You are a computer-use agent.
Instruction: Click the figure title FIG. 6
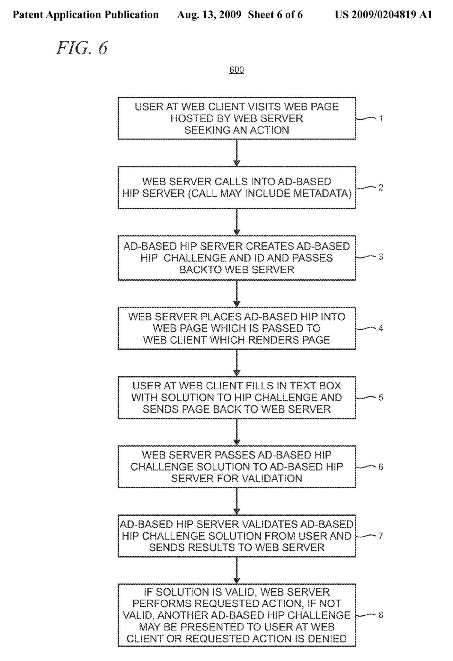click(82, 48)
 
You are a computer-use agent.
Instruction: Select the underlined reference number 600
click(236, 70)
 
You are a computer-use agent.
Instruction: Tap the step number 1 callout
click(381, 118)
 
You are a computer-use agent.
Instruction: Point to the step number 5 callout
click(381, 397)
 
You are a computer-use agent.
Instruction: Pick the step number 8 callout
click(381, 615)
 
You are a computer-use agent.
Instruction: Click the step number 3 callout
click(381, 257)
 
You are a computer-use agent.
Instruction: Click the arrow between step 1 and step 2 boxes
click(237, 153)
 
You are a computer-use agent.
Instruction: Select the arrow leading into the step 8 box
click(237, 570)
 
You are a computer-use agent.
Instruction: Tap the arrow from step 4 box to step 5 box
click(237, 363)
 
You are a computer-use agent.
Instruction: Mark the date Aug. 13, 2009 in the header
click(209, 15)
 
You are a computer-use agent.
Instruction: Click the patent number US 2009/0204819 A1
click(384, 15)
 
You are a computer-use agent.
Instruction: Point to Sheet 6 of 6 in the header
click(275, 15)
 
